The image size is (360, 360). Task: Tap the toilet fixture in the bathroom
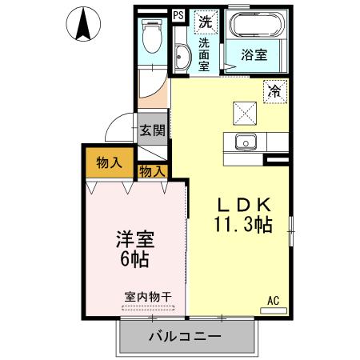[x=150, y=35]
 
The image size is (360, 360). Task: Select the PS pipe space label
[x=178, y=14]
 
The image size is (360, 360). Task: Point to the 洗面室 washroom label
[x=205, y=54]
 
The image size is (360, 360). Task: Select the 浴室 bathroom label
[x=255, y=54]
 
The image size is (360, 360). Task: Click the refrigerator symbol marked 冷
[x=274, y=91]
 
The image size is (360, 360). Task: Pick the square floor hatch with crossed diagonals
[x=244, y=111]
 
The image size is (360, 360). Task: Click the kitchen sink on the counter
[x=244, y=143]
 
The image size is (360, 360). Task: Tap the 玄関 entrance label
[x=152, y=130]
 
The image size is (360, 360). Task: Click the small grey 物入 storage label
[x=151, y=170]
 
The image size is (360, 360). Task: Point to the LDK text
[x=244, y=203]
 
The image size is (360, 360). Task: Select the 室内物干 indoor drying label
[x=148, y=296]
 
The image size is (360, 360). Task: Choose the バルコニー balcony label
[x=185, y=336]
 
